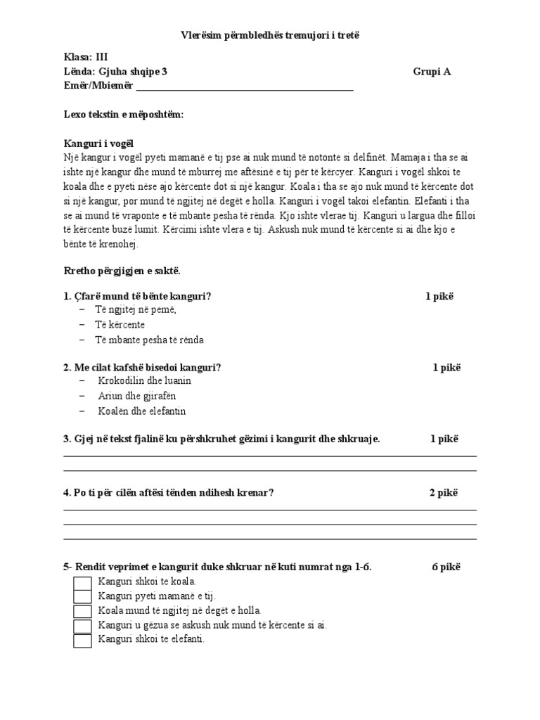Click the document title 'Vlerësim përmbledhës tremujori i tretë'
tap(270, 35)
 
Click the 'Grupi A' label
tap(432, 72)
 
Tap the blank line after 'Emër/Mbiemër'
tap(244, 87)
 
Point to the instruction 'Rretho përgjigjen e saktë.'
tap(122, 271)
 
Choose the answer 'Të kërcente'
tap(120, 325)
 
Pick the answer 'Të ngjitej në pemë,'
tap(136, 310)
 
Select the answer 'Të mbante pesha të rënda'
tap(150, 340)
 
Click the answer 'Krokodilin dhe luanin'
tap(145, 381)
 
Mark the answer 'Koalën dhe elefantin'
tap(142, 411)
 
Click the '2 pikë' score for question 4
tap(444, 493)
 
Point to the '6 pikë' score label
tap(446, 567)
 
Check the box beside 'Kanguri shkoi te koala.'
tap(83, 583)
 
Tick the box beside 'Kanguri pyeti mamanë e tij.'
tap(83, 597)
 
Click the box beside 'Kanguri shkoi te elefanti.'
tap(83, 641)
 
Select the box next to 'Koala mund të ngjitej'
tap(83, 612)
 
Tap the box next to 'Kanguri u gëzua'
tap(83, 626)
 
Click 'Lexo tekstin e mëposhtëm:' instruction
tap(124, 115)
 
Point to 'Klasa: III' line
tap(86, 58)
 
